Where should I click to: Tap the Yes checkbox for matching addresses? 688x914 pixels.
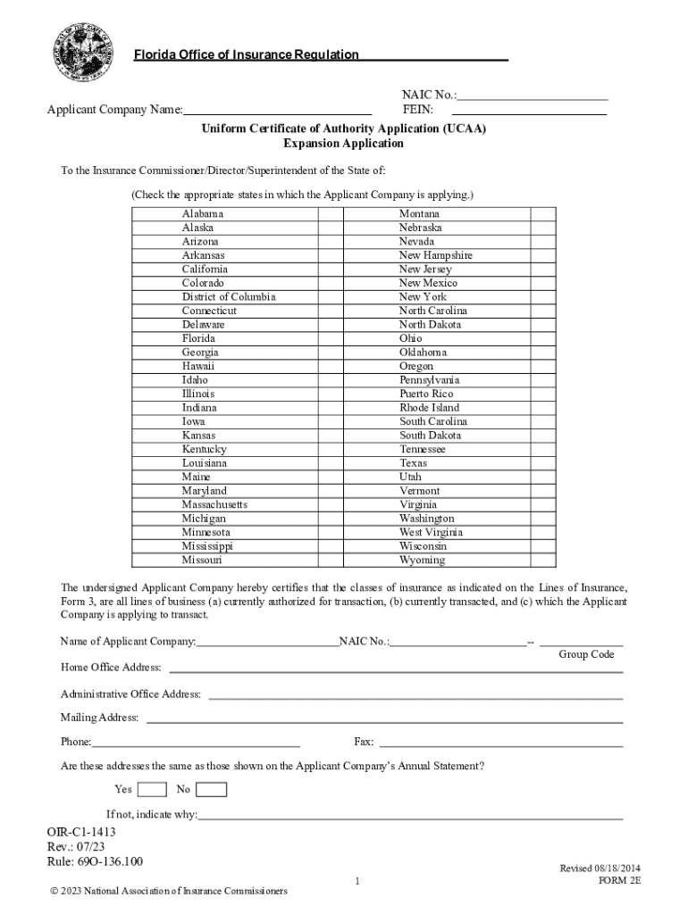pyautogui.click(x=153, y=789)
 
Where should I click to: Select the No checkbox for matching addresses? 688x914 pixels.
pyautogui.click(x=212, y=789)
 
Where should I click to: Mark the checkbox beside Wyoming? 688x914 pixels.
pyautogui.click(x=542, y=561)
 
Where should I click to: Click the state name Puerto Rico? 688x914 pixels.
pyautogui.click(x=426, y=394)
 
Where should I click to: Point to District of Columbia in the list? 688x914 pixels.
pyautogui.click(x=229, y=297)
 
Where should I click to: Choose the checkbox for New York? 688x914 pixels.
pyautogui.click(x=542, y=297)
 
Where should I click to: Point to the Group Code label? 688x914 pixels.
pyautogui.click(x=586, y=654)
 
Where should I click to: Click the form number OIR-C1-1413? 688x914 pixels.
pyautogui.click(x=81, y=832)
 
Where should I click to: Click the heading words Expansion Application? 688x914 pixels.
pyautogui.click(x=343, y=143)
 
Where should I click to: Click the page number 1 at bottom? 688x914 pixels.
pyautogui.click(x=357, y=882)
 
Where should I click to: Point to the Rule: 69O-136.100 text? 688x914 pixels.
pyautogui.click(x=95, y=861)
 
